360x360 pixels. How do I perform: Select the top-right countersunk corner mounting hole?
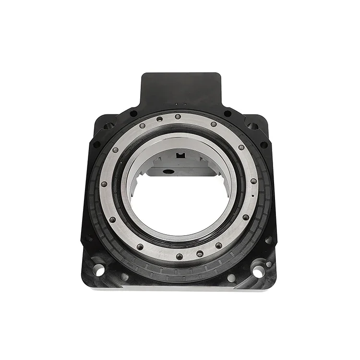click(252, 126)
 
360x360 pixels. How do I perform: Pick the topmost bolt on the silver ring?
click(178, 116)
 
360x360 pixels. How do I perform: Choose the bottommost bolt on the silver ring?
click(179, 256)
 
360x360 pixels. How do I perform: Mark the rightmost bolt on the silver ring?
click(253, 181)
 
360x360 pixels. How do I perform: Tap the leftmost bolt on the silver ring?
click(104, 184)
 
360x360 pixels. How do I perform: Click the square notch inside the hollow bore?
click(180, 156)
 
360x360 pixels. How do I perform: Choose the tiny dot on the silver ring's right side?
click(252, 197)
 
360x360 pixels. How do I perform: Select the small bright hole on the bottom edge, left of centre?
click(124, 276)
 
